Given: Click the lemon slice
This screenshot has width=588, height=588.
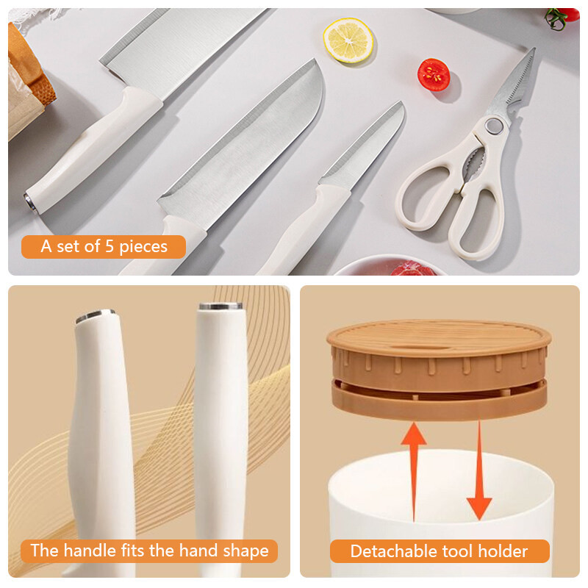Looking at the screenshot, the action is (348, 40).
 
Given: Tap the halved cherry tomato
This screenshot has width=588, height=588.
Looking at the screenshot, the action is (434, 75).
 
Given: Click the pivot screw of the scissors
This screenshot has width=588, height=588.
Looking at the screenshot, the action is (493, 126).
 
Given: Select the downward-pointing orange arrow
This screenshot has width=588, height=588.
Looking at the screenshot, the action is (479, 470).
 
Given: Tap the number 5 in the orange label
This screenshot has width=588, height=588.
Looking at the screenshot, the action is (109, 246).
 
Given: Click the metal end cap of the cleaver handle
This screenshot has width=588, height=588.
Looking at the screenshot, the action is (30, 203).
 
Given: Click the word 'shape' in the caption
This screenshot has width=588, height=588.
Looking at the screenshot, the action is (246, 551).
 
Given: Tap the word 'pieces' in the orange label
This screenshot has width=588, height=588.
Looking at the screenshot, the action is (143, 247).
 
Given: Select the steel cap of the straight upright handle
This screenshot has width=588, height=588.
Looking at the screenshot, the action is (220, 306).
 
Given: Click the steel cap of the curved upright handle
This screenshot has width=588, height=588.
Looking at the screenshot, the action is (96, 316).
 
